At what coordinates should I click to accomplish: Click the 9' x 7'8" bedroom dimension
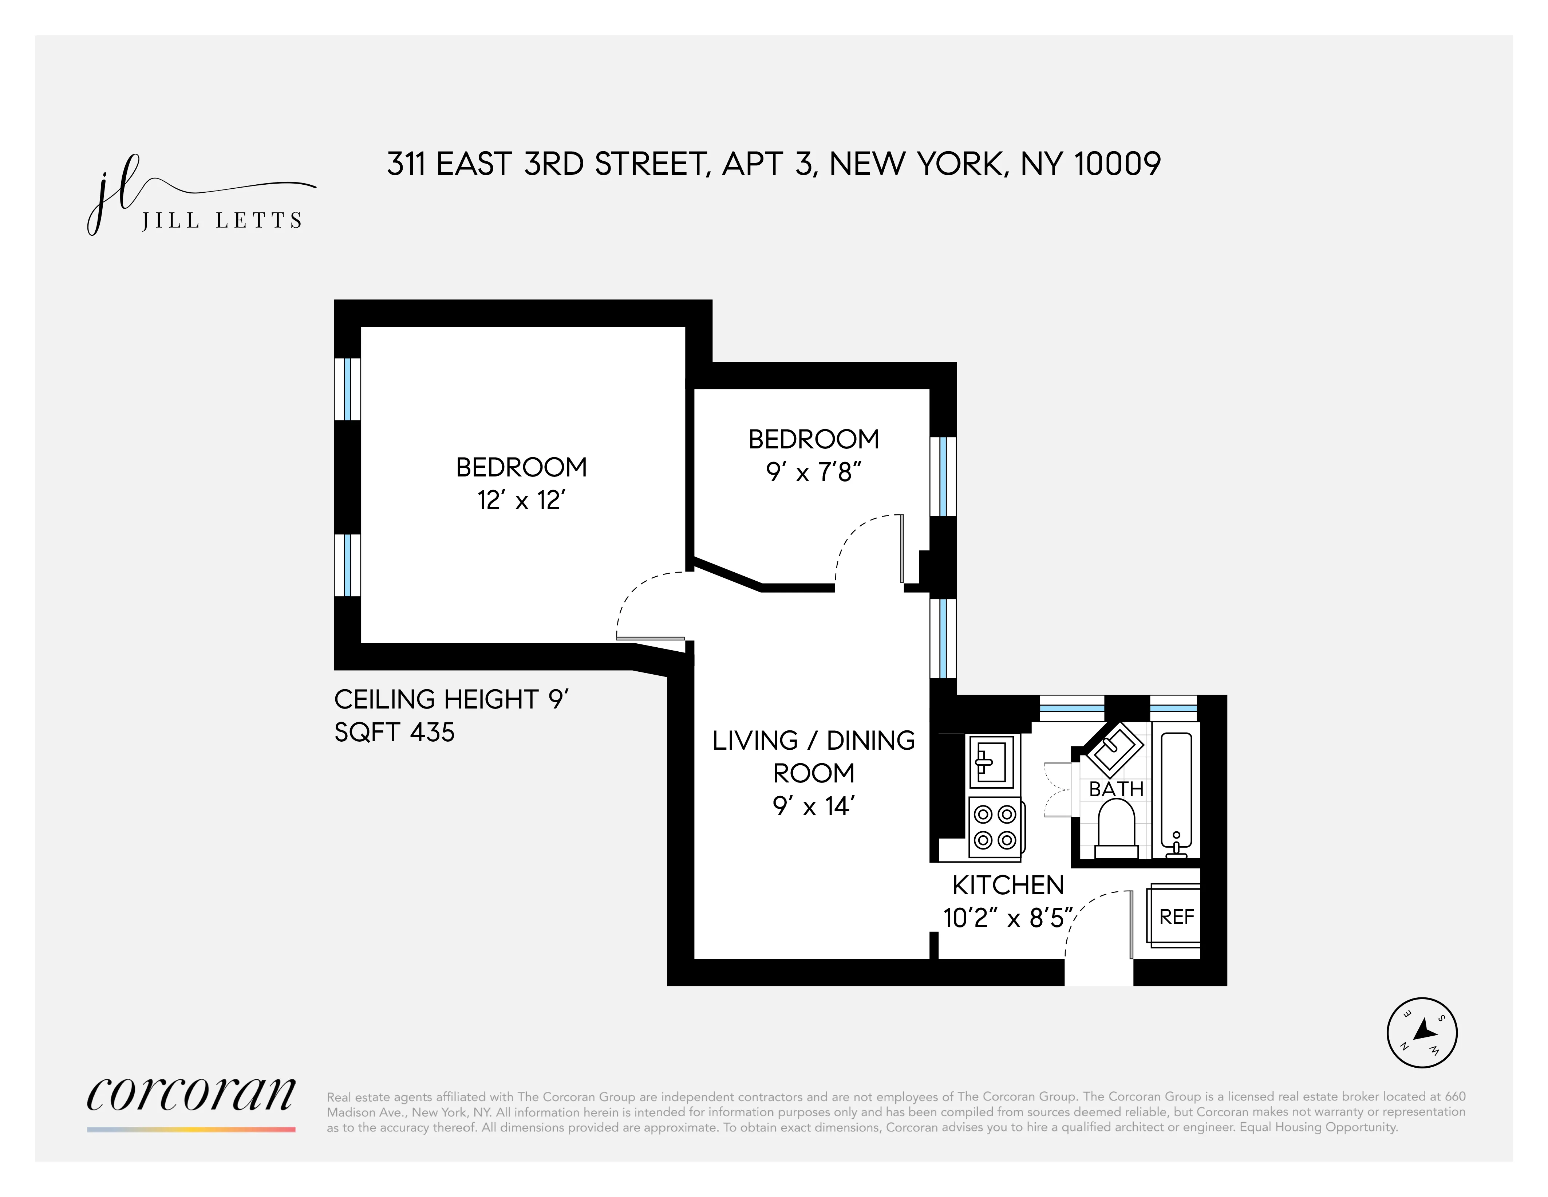point(814,472)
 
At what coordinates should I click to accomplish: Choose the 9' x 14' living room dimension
point(814,806)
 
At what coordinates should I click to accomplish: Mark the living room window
point(943,638)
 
